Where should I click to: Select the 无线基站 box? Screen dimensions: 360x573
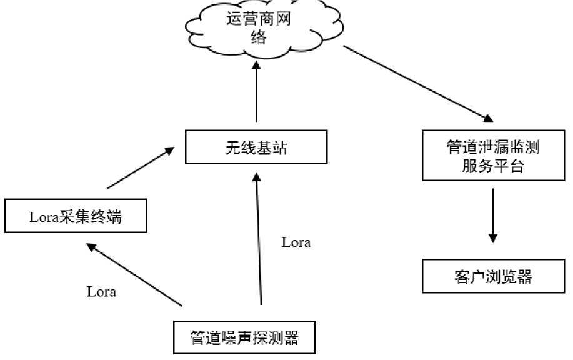coord(256,148)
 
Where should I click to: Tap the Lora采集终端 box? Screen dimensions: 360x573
coord(75,217)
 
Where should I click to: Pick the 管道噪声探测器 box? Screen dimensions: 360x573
coord(244,338)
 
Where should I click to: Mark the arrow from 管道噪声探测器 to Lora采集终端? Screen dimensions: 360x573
coord(134,274)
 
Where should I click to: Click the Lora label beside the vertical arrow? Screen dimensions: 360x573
coord(296,242)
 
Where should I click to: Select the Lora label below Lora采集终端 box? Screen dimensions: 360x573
coord(101,291)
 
